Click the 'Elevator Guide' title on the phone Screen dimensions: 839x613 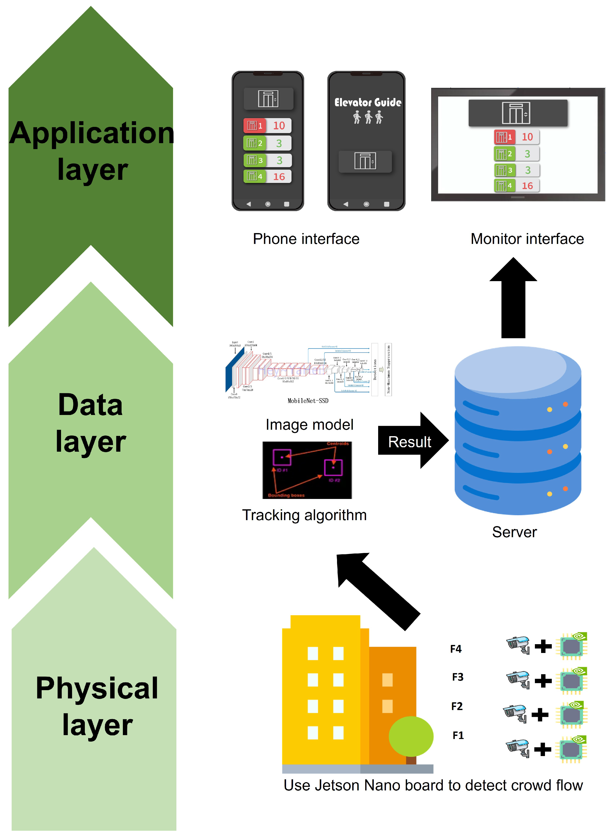tap(367, 102)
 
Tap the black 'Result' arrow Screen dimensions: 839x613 tap(410, 441)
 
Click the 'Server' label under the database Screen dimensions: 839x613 tap(514, 532)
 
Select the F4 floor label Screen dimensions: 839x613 tap(456, 649)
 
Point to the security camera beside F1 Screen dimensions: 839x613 tap(518, 748)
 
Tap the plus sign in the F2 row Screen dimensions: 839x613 tap(540, 714)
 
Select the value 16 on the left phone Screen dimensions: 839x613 tap(279, 177)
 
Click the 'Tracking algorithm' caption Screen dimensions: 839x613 tap(304, 515)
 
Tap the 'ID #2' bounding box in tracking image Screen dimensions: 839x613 tap(333, 467)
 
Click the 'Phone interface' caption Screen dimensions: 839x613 tap(306, 239)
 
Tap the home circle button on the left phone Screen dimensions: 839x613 tap(267, 204)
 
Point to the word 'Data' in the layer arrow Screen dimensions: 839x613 tap(90, 405)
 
